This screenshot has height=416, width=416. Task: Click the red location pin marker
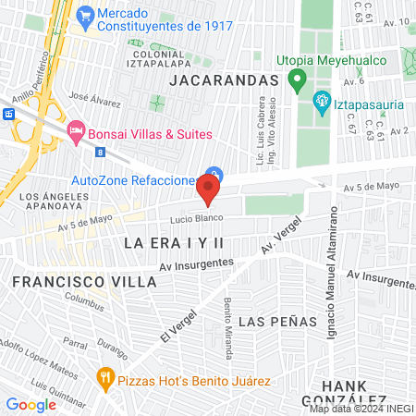[208, 191]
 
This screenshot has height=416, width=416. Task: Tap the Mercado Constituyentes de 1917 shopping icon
[86, 15]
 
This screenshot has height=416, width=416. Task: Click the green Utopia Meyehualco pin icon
[297, 80]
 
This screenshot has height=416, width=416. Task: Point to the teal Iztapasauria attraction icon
[323, 102]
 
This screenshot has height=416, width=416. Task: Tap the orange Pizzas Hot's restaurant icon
[104, 377]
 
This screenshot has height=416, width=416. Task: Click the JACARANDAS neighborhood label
[225, 80]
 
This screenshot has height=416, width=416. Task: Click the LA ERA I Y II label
[174, 242]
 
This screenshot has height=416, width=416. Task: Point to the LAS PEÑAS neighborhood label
[277, 321]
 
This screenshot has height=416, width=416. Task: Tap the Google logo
[31, 405]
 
